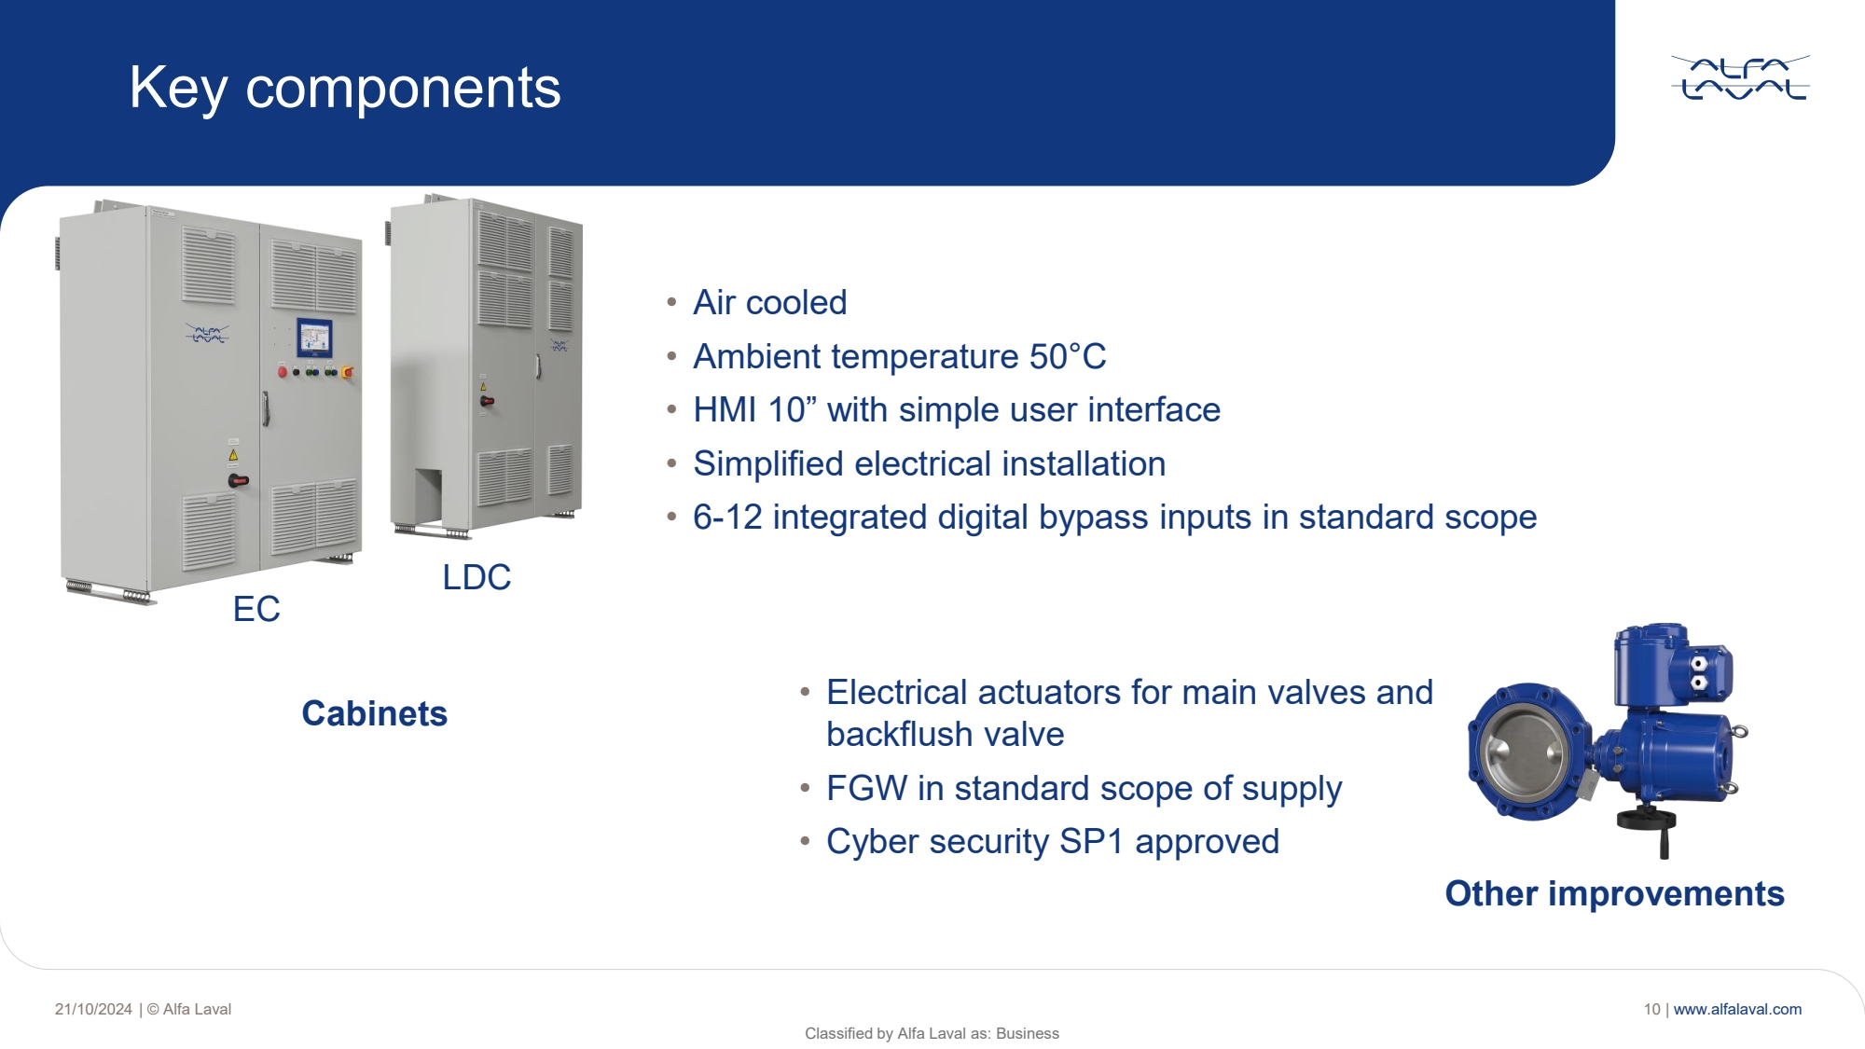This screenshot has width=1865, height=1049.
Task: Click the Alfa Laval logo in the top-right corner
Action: tap(1740, 78)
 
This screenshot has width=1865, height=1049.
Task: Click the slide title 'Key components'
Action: tap(345, 88)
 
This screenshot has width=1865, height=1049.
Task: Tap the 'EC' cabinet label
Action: tap(256, 609)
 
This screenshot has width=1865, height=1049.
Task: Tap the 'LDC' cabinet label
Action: tap(477, 577)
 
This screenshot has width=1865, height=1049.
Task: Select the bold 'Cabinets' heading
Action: tap(375, 713)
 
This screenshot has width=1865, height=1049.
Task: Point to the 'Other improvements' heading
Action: tap(1615, 893)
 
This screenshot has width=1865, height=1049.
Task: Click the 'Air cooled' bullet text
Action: tap(770, 302)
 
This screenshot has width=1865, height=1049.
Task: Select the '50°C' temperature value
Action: tap(1068, 356)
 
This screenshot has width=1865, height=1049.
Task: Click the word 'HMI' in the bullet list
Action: tap(725, 410)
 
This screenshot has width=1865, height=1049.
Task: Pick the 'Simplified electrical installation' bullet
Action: tap(930, 463)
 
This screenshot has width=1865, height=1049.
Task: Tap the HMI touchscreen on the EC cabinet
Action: tap(314, 338)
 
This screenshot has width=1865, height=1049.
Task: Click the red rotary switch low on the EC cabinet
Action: tap(239, 481)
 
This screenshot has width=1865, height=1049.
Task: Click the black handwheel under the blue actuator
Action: tap(1647, 821)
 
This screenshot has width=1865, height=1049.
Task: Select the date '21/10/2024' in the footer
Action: tap(93, 1009)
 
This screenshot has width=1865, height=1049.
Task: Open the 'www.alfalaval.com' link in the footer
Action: tap(1737, 1009)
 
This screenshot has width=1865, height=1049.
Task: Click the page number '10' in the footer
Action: tap(1651, 1009)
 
